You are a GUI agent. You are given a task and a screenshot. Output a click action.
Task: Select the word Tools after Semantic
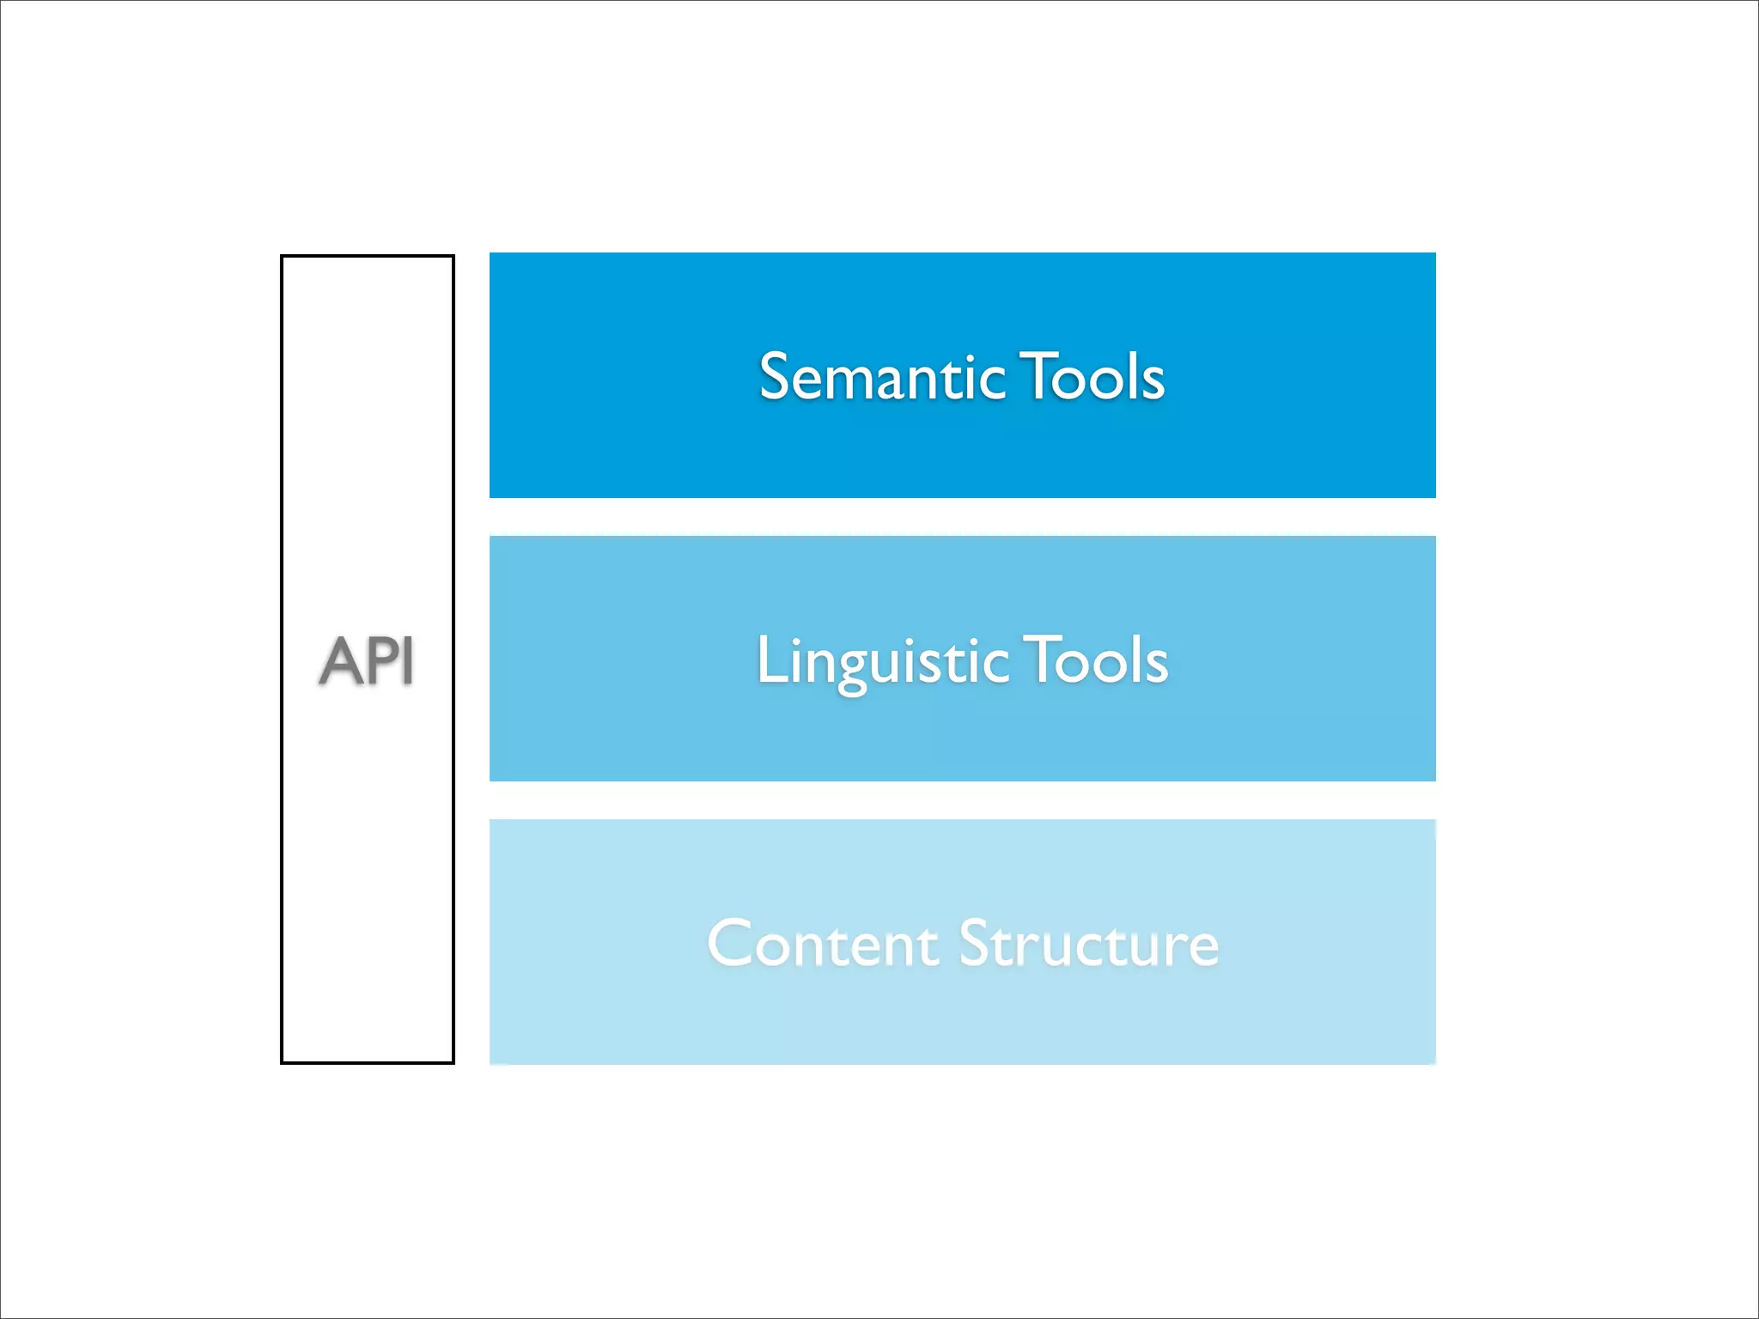tap(1093, 378)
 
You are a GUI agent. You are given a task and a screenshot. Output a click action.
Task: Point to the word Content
tap(823, 945)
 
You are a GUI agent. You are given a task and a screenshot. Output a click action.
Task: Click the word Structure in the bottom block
tap(1088, 945)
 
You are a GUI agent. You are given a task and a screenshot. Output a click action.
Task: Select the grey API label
tap(367, 661)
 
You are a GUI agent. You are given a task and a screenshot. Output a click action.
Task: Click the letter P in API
tap(381, 661)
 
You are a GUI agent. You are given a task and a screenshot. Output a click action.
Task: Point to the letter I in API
tap(408, 661)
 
